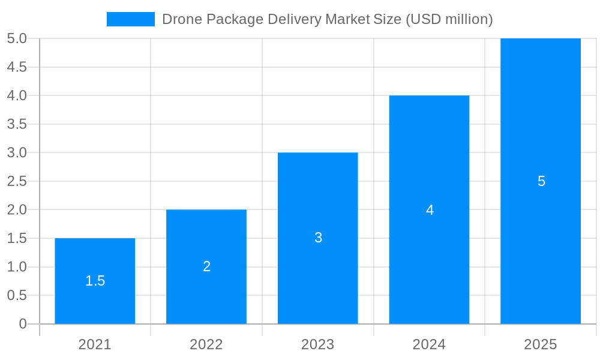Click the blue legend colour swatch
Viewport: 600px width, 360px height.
click(131, 19)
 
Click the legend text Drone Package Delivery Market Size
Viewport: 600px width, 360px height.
click(328, 19)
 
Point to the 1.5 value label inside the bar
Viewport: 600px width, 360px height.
click(95, 281)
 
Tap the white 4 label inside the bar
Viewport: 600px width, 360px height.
click(430, 210)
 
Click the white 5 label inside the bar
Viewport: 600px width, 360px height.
click(541, 181)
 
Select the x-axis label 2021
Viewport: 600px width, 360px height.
click(95, 344)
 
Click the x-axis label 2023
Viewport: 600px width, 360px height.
click(318, 344)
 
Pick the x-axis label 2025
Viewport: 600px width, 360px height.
click(541, 344)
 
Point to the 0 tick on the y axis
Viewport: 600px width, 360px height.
click(23, 324)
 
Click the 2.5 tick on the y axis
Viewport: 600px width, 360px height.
click(17, 181)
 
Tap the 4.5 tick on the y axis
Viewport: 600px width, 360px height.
click(17, 67)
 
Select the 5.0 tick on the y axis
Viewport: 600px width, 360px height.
click(17, 38)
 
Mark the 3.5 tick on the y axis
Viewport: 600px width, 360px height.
click(17, 124)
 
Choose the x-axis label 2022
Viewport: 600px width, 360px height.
click(206, 344)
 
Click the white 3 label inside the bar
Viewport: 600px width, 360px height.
click(318, 238)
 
